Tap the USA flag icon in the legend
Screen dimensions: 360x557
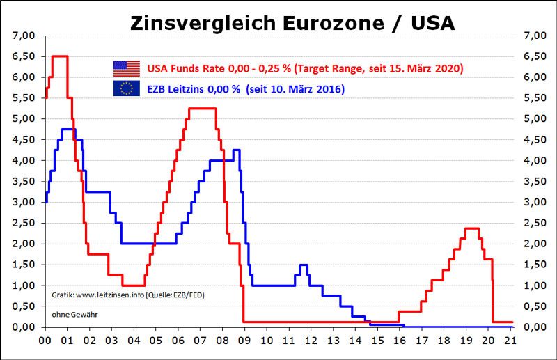tap(126, 68)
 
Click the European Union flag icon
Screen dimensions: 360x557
tap(126, 88)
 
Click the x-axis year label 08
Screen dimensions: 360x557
tap(222, 342)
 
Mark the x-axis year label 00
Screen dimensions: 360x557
tap(43, 342)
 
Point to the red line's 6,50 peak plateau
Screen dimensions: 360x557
tap(60, 56)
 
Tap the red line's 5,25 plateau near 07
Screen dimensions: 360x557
tap(203, 109)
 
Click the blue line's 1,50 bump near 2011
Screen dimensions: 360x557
tap(303, 265)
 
